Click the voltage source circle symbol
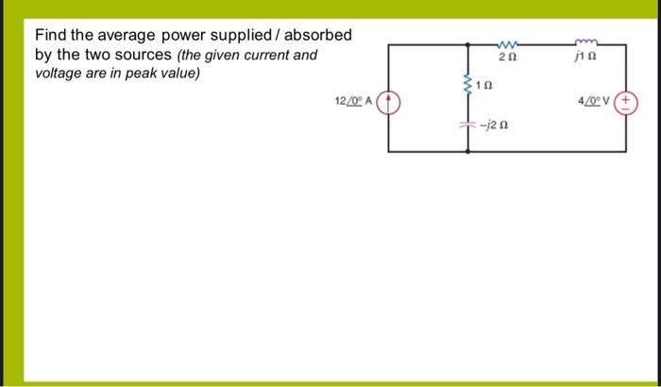point(627,102)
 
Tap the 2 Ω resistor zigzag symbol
point(507,43)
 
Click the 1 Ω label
point(484,86)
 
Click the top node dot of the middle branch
point(466,43)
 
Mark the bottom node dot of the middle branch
point(466,149)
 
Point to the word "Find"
point(51,36)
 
